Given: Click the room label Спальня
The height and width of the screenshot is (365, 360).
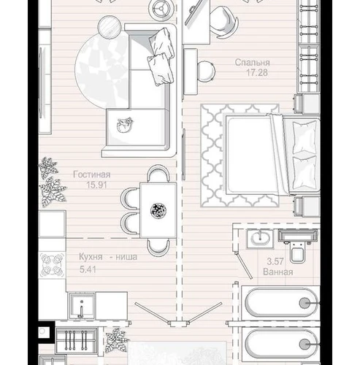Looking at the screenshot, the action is [253, 63].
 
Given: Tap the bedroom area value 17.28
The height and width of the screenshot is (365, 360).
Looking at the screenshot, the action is [257, 72].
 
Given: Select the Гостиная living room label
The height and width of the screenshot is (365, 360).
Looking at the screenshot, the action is [92, 174].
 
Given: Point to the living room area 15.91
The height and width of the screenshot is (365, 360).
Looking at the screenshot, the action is [97, 185].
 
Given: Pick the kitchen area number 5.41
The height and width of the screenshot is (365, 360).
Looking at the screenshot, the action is [88, 269].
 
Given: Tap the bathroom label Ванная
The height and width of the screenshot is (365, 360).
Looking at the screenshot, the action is [278, 272].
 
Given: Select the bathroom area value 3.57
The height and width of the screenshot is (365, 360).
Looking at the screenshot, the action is [275, 261].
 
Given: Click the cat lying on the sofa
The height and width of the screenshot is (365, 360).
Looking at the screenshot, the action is [124, 125].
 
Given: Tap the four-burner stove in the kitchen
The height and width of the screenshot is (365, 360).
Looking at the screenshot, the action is [52, 265].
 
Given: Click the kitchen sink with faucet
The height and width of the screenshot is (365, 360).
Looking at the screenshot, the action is [82, 306].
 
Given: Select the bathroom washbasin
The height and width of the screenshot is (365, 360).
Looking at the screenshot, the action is [260, 239].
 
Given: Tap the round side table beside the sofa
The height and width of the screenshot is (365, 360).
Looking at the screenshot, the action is [109, 26].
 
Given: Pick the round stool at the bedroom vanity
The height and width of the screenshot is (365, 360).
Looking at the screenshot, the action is [206, 71].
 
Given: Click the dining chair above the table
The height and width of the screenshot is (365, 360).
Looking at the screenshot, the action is [158, 173].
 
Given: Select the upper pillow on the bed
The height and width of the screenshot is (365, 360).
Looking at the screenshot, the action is [305, 137].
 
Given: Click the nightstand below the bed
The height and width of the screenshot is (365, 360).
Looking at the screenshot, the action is [307, 206].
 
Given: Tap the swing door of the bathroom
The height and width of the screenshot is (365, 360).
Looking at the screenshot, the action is [244, 266].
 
